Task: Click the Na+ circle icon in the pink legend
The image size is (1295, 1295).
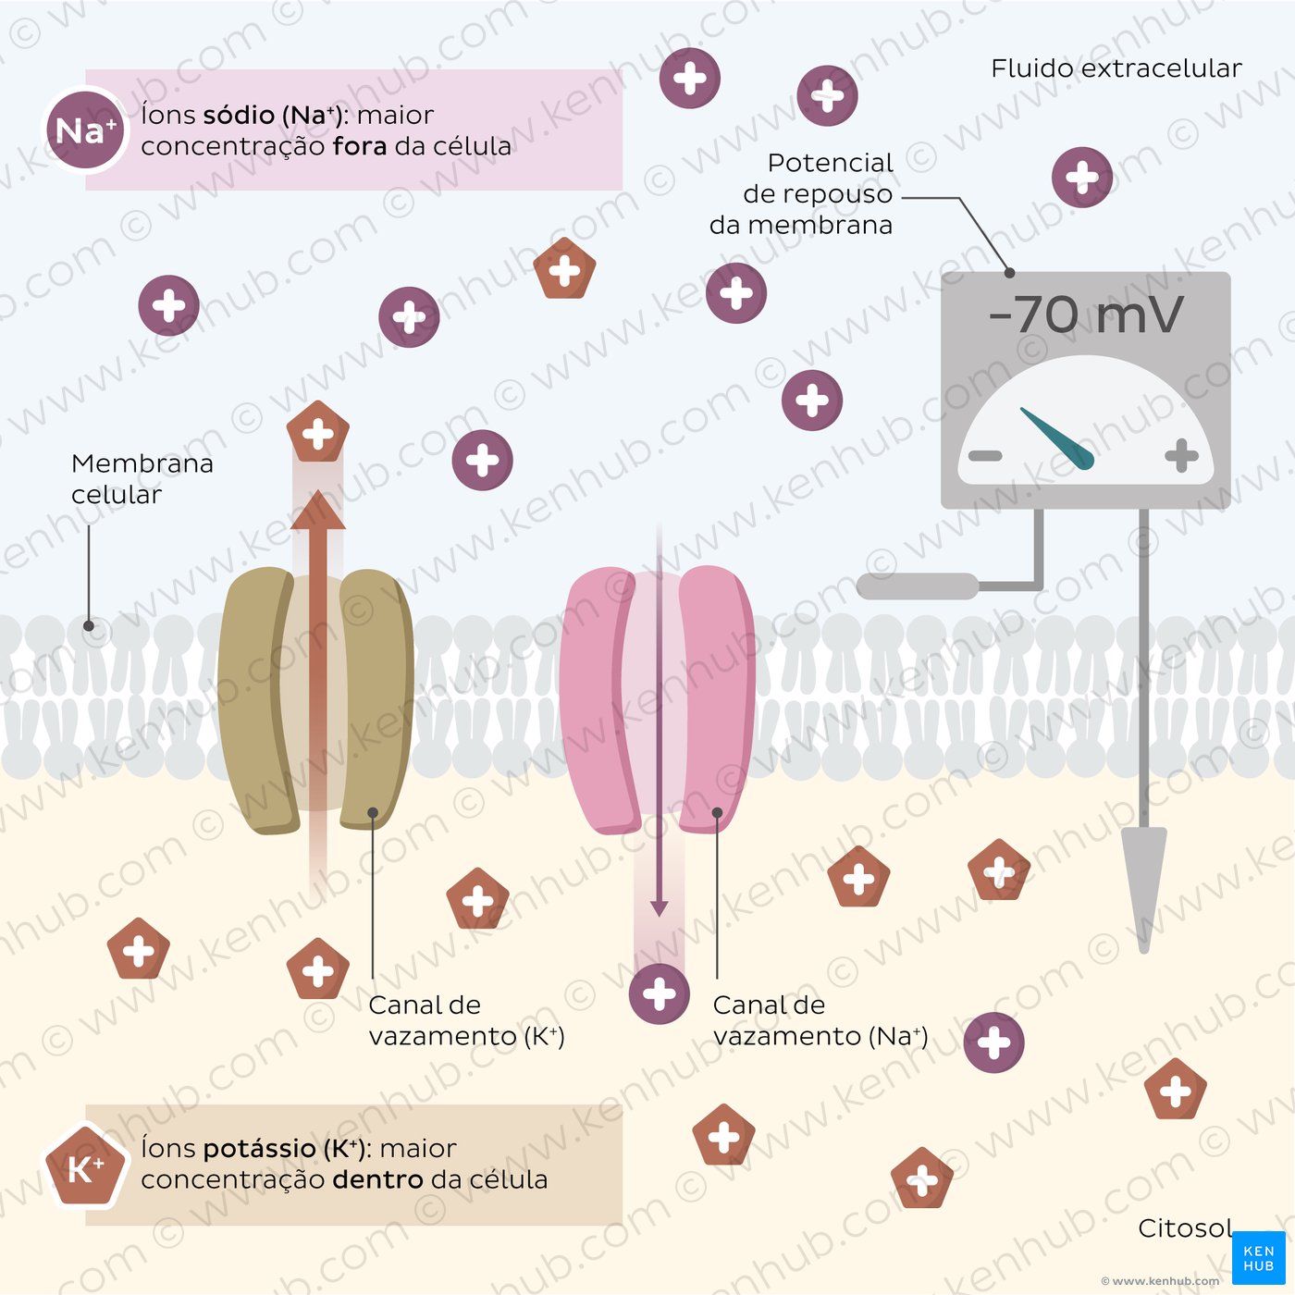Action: pos(85,130)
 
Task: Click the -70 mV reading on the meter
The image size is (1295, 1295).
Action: pos(1085,314)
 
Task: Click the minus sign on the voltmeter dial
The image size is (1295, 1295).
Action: pos(985,456)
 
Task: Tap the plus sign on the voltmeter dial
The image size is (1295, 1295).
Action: pos(1181,456)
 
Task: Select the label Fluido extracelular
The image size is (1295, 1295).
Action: pos(1116,68)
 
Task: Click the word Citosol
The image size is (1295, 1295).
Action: pos(1185,1227)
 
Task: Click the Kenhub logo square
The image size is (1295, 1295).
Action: pos(1259,1258)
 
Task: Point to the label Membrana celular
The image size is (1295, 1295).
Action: pos(142,478)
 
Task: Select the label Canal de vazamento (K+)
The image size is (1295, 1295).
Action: pos(466,1020)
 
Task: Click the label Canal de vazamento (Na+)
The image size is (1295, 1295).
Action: pos(820,1020)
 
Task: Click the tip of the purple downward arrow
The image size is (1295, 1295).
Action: pos(660,916)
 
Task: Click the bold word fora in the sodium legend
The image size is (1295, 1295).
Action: pos(360,146)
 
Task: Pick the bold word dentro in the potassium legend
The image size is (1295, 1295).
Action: pos(377,1179)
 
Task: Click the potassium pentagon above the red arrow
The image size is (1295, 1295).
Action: pos(318,432)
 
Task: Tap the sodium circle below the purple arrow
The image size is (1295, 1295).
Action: pos(660,994)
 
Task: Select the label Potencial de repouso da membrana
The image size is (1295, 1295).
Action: pos(801,193)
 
